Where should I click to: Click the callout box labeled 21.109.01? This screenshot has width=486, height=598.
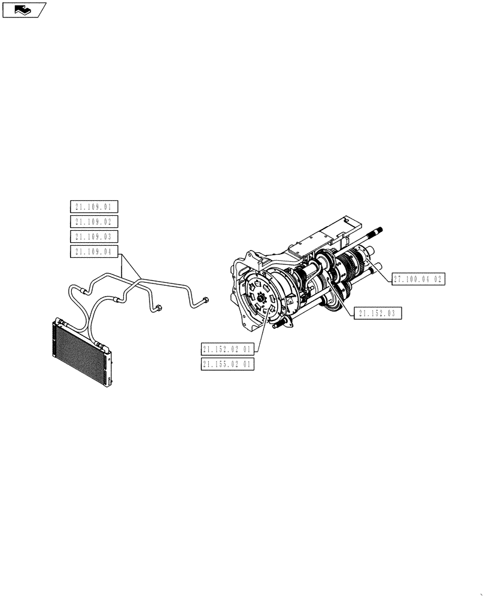click(94, 207)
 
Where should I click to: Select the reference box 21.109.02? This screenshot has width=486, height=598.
click(94, 222)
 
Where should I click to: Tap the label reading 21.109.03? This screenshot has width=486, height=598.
click(94, 236)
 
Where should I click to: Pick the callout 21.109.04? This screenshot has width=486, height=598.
click(94, 251)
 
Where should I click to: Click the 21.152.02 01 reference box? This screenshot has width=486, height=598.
click(228, 349)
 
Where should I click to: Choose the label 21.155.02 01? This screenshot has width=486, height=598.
click(228, 364)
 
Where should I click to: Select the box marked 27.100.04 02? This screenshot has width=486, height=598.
click(418, 279)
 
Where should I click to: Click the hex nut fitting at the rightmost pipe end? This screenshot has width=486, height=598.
click(205, 300)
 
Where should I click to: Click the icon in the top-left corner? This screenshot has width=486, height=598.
click(24, 10)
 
